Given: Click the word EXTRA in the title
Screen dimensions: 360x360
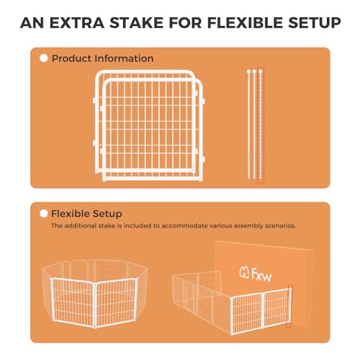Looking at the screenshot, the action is point(77,23).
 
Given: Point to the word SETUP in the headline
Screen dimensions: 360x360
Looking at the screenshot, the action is point(315,23).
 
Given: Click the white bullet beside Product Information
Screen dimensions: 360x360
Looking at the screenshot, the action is point(44,58).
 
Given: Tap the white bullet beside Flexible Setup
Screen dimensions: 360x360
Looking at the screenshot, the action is point(43,214).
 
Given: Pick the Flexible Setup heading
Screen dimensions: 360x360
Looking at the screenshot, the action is point(86,214).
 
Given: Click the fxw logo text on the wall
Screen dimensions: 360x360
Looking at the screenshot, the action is point(261,276).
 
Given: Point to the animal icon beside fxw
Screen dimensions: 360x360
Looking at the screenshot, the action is point(244,272).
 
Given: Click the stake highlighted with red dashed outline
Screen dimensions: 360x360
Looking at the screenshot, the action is point(261,125).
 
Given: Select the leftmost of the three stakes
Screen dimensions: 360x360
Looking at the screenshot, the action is point(248,124).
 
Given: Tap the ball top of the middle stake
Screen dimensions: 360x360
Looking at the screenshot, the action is point(254,71).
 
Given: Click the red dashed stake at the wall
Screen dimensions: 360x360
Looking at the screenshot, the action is point(290,305).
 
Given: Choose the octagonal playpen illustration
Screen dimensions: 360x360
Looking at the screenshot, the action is point(94,293).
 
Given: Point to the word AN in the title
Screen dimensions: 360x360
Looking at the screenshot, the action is point(32,23).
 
